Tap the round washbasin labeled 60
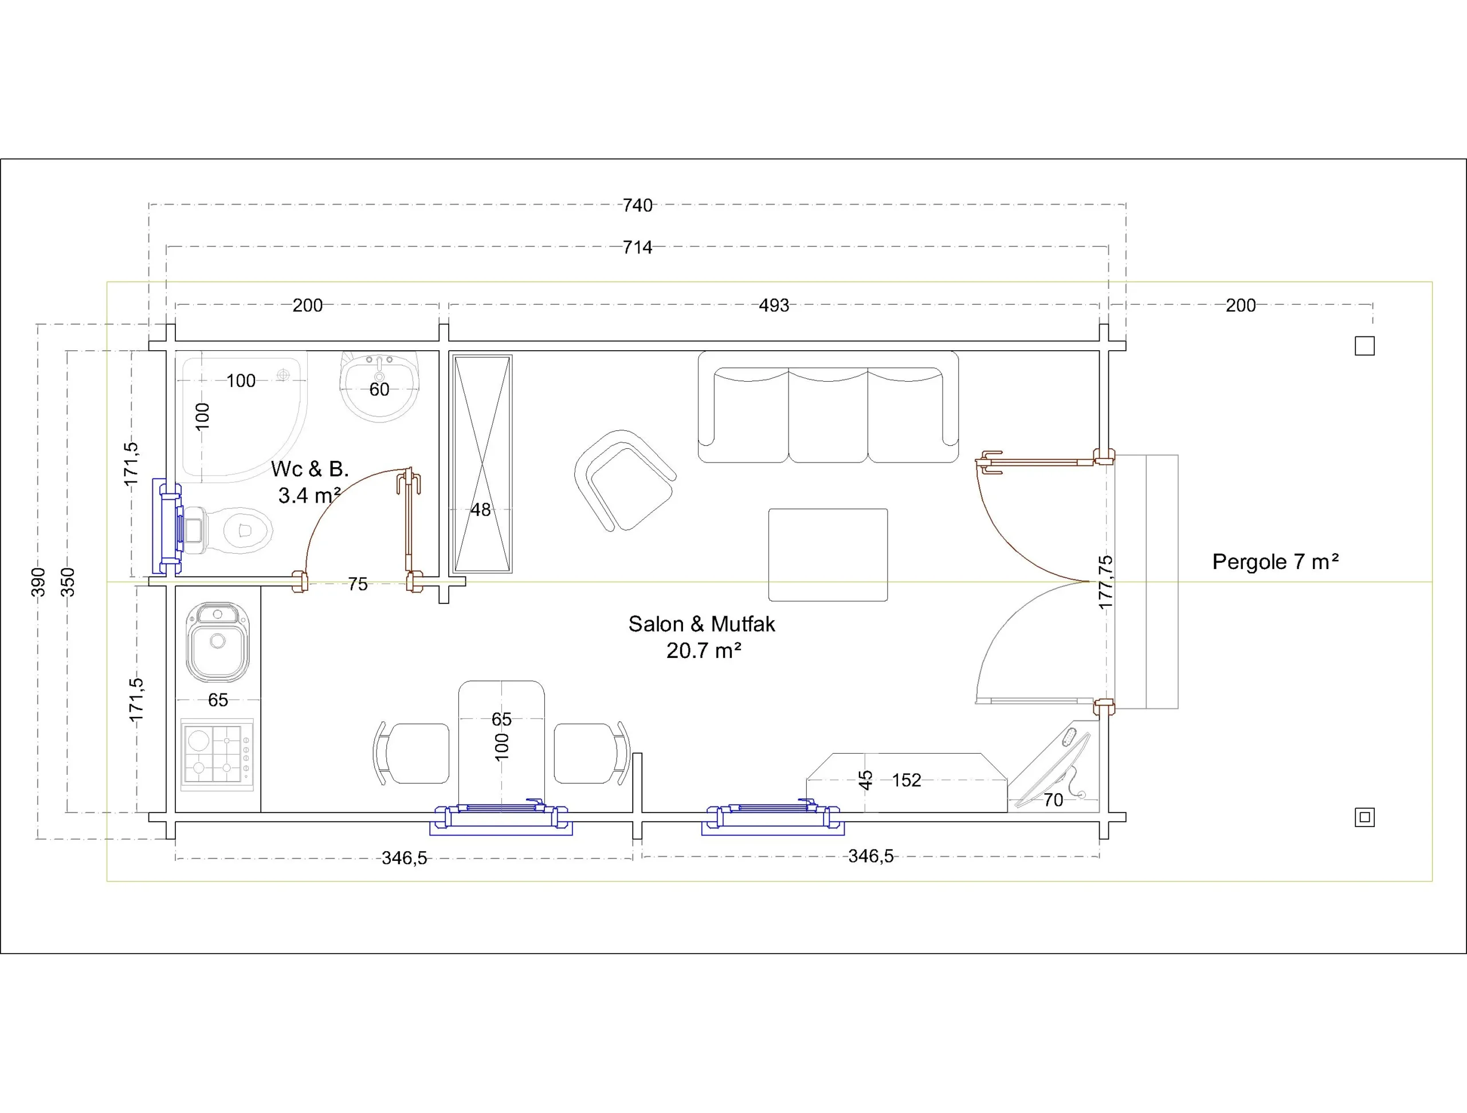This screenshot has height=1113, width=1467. point(379,386)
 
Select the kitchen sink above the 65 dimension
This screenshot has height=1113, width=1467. point(218,642)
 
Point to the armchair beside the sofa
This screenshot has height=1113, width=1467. point(624,480)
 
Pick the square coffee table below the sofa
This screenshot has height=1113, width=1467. point(827,555)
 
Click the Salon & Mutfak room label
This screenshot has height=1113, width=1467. point(701,637)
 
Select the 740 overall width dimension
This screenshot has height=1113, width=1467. point(637,206)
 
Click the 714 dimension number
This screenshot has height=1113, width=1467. point(637,248)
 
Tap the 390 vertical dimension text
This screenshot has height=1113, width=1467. point(38,582)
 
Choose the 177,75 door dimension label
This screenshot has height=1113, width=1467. point(1105,582)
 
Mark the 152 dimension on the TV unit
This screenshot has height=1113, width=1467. point(907,780)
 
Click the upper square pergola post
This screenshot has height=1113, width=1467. point(1364,346)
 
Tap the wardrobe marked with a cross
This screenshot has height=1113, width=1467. point(482,464)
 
